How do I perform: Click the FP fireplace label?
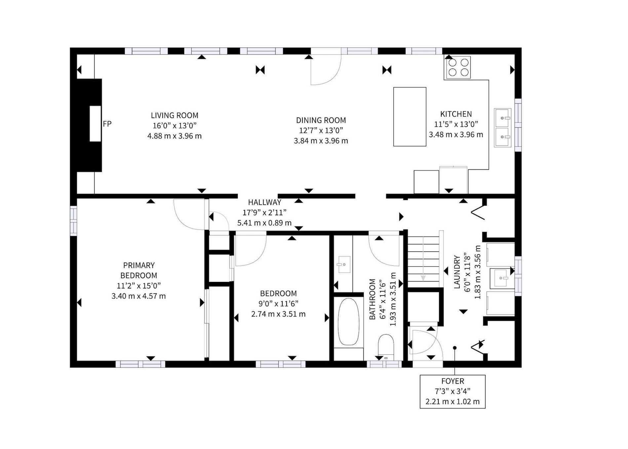(x=107, y=124)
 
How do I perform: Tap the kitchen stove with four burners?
(x=458, y=67)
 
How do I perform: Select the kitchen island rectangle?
(x=410, y=117)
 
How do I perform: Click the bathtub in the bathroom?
(x=348, y=322)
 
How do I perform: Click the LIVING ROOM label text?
(x=175, y=116)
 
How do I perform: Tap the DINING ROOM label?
(x=321, y=120)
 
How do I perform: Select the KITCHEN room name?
(x=456, y=114)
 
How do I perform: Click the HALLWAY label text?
(x=264, y=202)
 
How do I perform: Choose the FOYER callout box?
(x=452, y=392)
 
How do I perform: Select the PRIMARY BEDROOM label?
(x=138, y=270)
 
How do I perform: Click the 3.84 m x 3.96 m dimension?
(x=321, y=141)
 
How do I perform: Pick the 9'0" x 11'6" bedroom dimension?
(x=279, y=304)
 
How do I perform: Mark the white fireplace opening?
(x=95, y=124)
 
